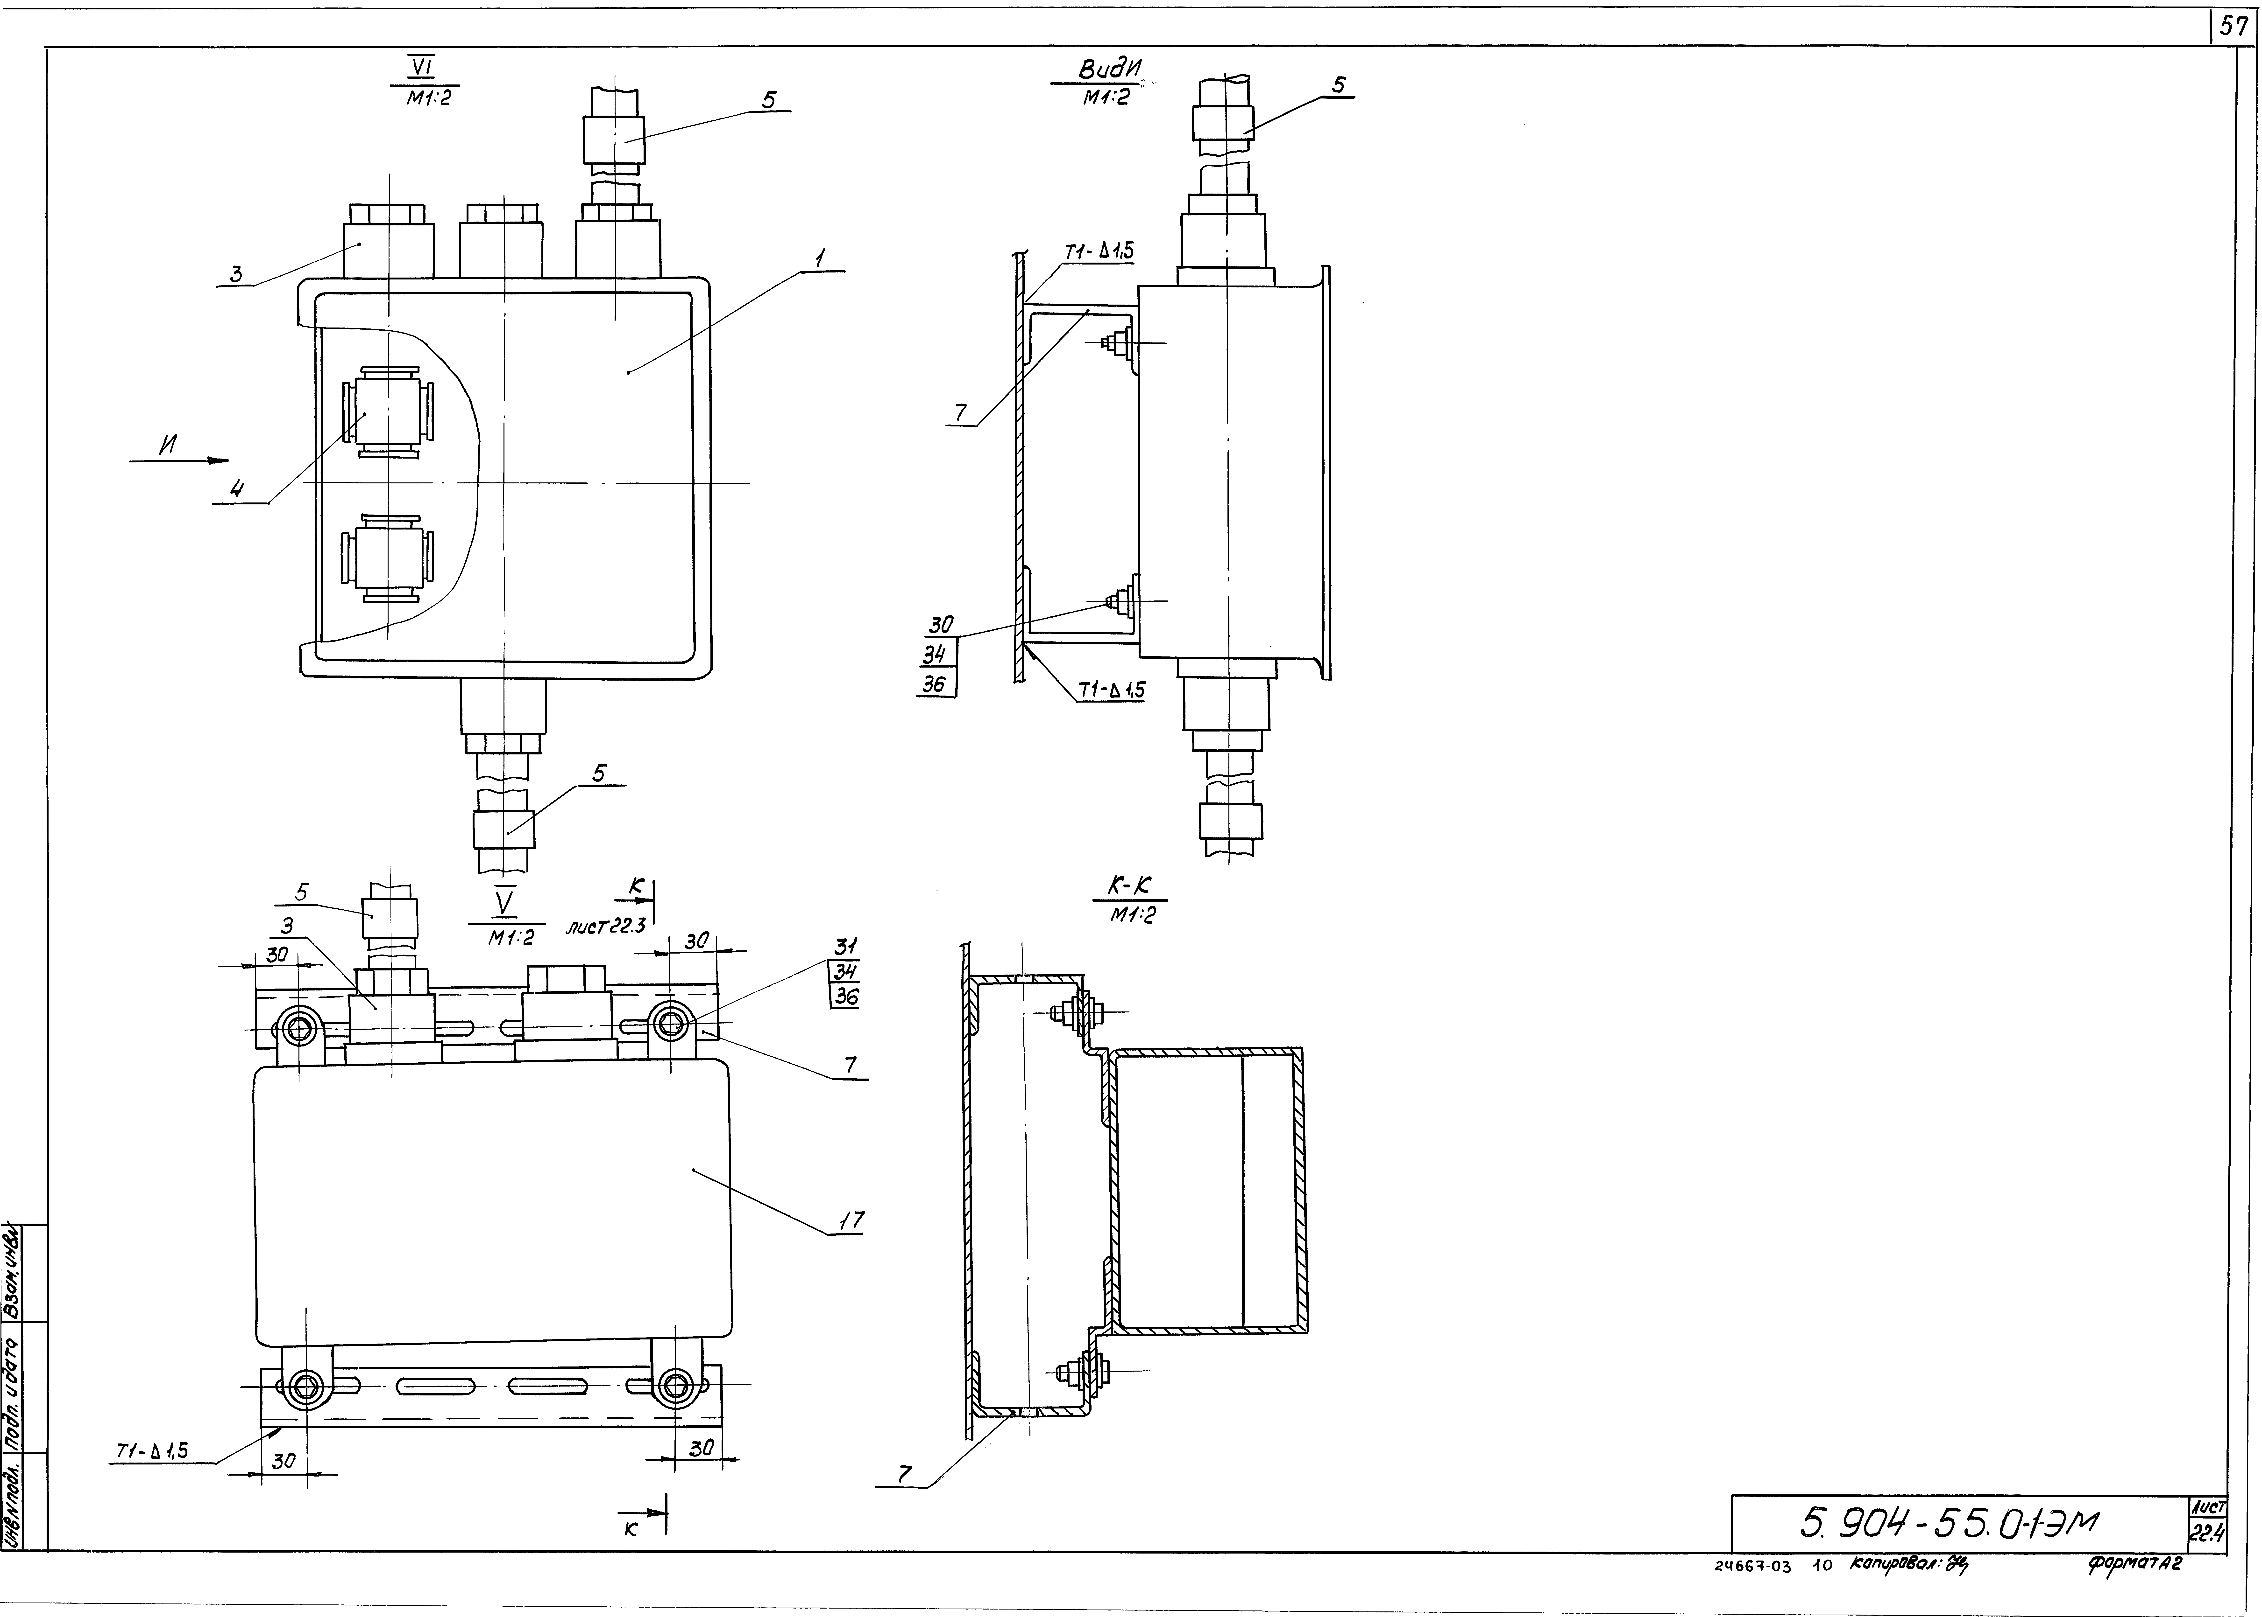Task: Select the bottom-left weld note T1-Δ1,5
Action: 151,1452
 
